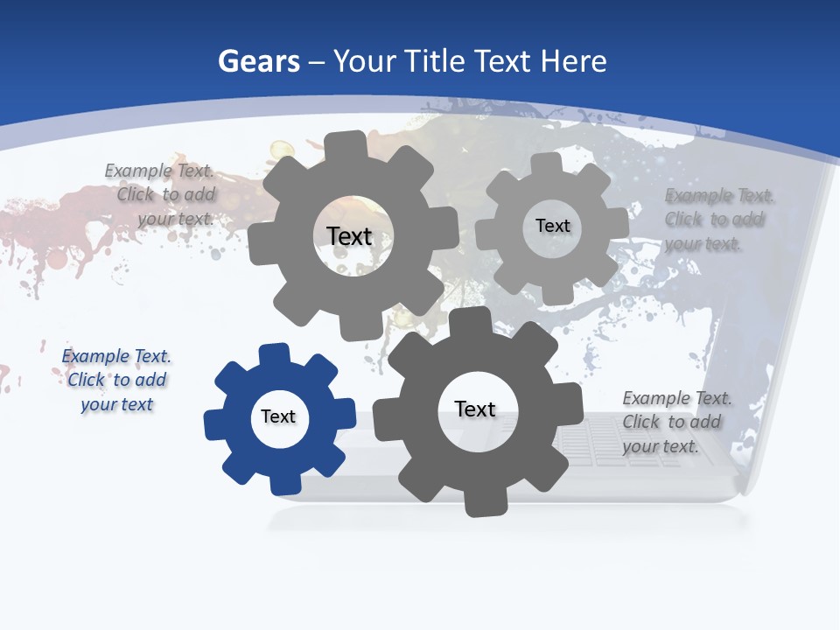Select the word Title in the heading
(437, 61)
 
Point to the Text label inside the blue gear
(278, 417)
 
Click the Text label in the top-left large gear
(349, 236)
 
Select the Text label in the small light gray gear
(553, 226)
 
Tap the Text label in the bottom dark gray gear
(475, 409)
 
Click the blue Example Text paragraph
(116, 380)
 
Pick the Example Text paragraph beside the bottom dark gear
(676, 422)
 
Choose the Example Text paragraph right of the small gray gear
(719, 219)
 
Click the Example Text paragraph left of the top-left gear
(162, 194)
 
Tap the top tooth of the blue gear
(275, 354)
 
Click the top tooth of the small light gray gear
(547, 164)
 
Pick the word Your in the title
(367, 61)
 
